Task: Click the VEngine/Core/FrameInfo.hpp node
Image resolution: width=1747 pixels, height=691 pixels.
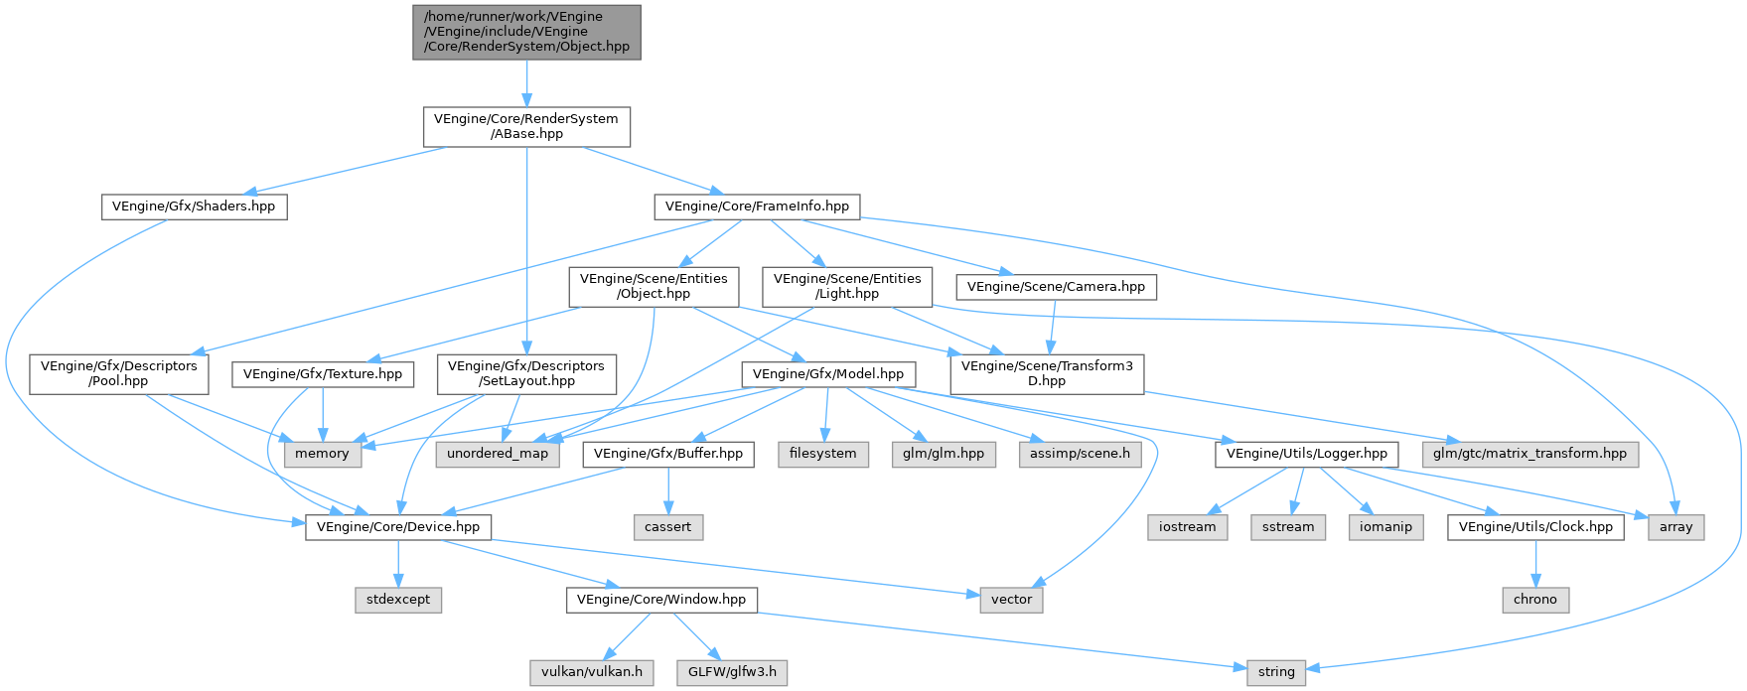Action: pyautogui.click(x=756, y=207)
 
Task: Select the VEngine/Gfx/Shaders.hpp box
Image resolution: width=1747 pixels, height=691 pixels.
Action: pyautogui.click(x=194, y=207)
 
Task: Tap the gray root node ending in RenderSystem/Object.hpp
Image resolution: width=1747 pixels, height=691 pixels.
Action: pyautogui.click(x=526, y=32)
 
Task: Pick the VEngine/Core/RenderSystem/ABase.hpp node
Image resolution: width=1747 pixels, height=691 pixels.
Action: pyautogui.click(x=526, y=126)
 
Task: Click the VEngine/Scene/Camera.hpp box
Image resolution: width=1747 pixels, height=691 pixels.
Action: pyautogui.click(x=1056, y=287)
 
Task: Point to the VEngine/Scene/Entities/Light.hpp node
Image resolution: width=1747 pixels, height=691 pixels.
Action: pyautogui.click(x=847, y=287)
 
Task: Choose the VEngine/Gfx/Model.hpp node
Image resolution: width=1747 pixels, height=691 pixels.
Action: pyautogui.click(x=828, y=374)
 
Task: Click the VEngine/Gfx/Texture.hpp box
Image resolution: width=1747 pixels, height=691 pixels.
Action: pyautogui.click(x=323, y=374)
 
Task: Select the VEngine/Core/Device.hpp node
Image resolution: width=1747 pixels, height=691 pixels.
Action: pyautogui.click(x=397, y=527)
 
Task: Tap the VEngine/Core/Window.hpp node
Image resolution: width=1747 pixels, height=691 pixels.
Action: pyautogui.click(x=661, y=600)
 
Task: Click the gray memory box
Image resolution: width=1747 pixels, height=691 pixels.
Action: pyautogui.click(x=322, y=454)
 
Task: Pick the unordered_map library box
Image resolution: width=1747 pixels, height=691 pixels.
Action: pyautogui.click(x=498, y=454)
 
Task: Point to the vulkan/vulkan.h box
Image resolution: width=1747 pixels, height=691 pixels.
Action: pyautogui.click(x=591, y=672)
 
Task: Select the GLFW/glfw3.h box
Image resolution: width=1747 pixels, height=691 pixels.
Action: pyautogui.click(x=732, y=672)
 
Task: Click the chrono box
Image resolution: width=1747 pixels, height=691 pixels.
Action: pyautogui.click(x=1535, y=600)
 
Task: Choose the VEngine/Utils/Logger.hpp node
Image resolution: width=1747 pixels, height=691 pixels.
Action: pyautogui.click(x=1307, y=454)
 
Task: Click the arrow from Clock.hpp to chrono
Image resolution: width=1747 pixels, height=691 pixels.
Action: pyautogui.click(x=1535, y=564)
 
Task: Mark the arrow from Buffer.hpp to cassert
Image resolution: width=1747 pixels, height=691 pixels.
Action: pyautogui.click(x=668, y=490)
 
